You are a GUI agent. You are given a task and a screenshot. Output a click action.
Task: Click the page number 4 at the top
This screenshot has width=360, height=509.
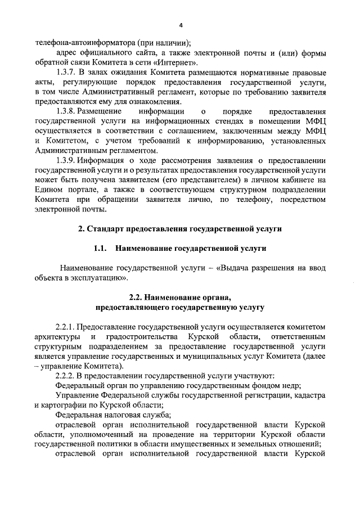coord(181,25)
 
